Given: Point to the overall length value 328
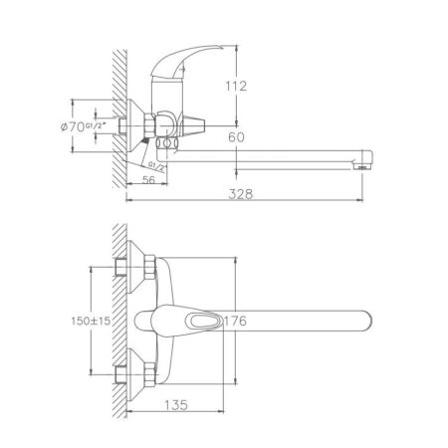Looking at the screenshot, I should [238, 195].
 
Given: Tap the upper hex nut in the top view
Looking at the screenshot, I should [140, 267].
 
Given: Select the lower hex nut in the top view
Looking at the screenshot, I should [140, 375].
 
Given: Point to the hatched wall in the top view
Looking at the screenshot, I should [115, 319].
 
